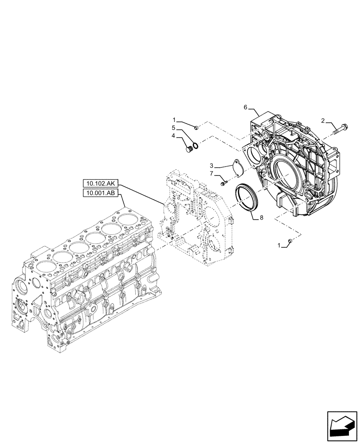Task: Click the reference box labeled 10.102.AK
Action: [x=100, y=183]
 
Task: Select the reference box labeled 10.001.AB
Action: [x=100, y=193]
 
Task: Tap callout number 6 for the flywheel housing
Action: [x=245, y=108]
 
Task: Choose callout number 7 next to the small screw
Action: [x=211, y=173]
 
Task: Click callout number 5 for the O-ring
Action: [x=174, y=128]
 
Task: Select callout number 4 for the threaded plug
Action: [x=174, y=136]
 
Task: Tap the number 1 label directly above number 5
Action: [x=174, y=120]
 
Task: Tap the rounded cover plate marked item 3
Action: [x=237, y=167]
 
